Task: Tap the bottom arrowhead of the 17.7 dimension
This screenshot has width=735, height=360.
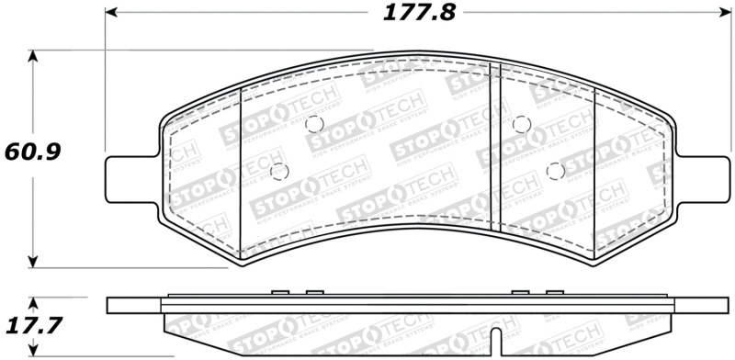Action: click(34, 353)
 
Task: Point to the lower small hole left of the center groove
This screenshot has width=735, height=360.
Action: click(281, 170)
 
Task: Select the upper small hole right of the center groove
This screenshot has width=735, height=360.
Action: click(521, 124)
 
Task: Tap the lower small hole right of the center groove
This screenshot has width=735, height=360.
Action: click(554, 169)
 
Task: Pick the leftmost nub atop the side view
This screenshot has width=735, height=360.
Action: click(280, 294)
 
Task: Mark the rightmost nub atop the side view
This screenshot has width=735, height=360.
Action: click(553, 294)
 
